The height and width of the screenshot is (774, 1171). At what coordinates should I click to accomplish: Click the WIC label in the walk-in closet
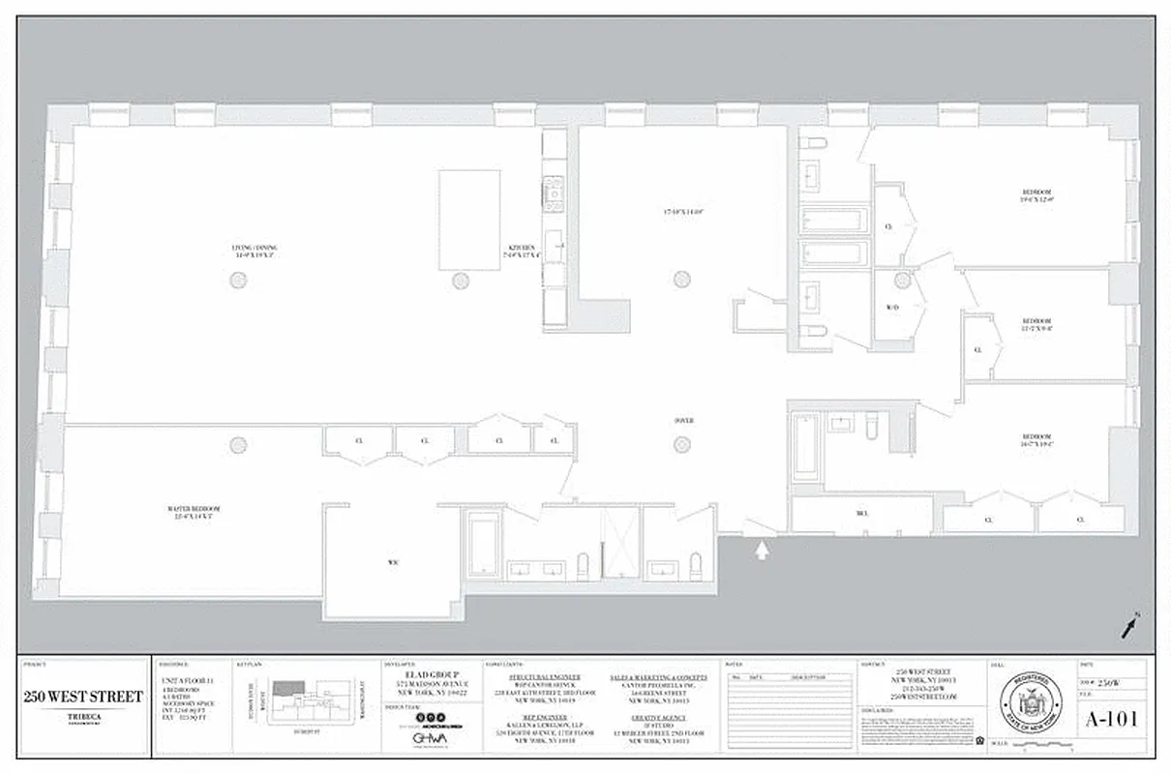[393, 561]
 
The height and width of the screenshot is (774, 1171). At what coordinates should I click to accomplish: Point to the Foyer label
[683, 421]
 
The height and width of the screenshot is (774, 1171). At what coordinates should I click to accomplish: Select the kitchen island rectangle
[469, 220]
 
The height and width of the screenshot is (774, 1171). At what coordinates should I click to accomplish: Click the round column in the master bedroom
[238, 444]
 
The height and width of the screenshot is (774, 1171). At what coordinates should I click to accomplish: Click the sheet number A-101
[1112, 719]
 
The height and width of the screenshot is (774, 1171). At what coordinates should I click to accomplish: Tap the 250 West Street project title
[83, 697]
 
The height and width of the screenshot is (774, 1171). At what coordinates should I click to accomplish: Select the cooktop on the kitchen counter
[554, 193]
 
